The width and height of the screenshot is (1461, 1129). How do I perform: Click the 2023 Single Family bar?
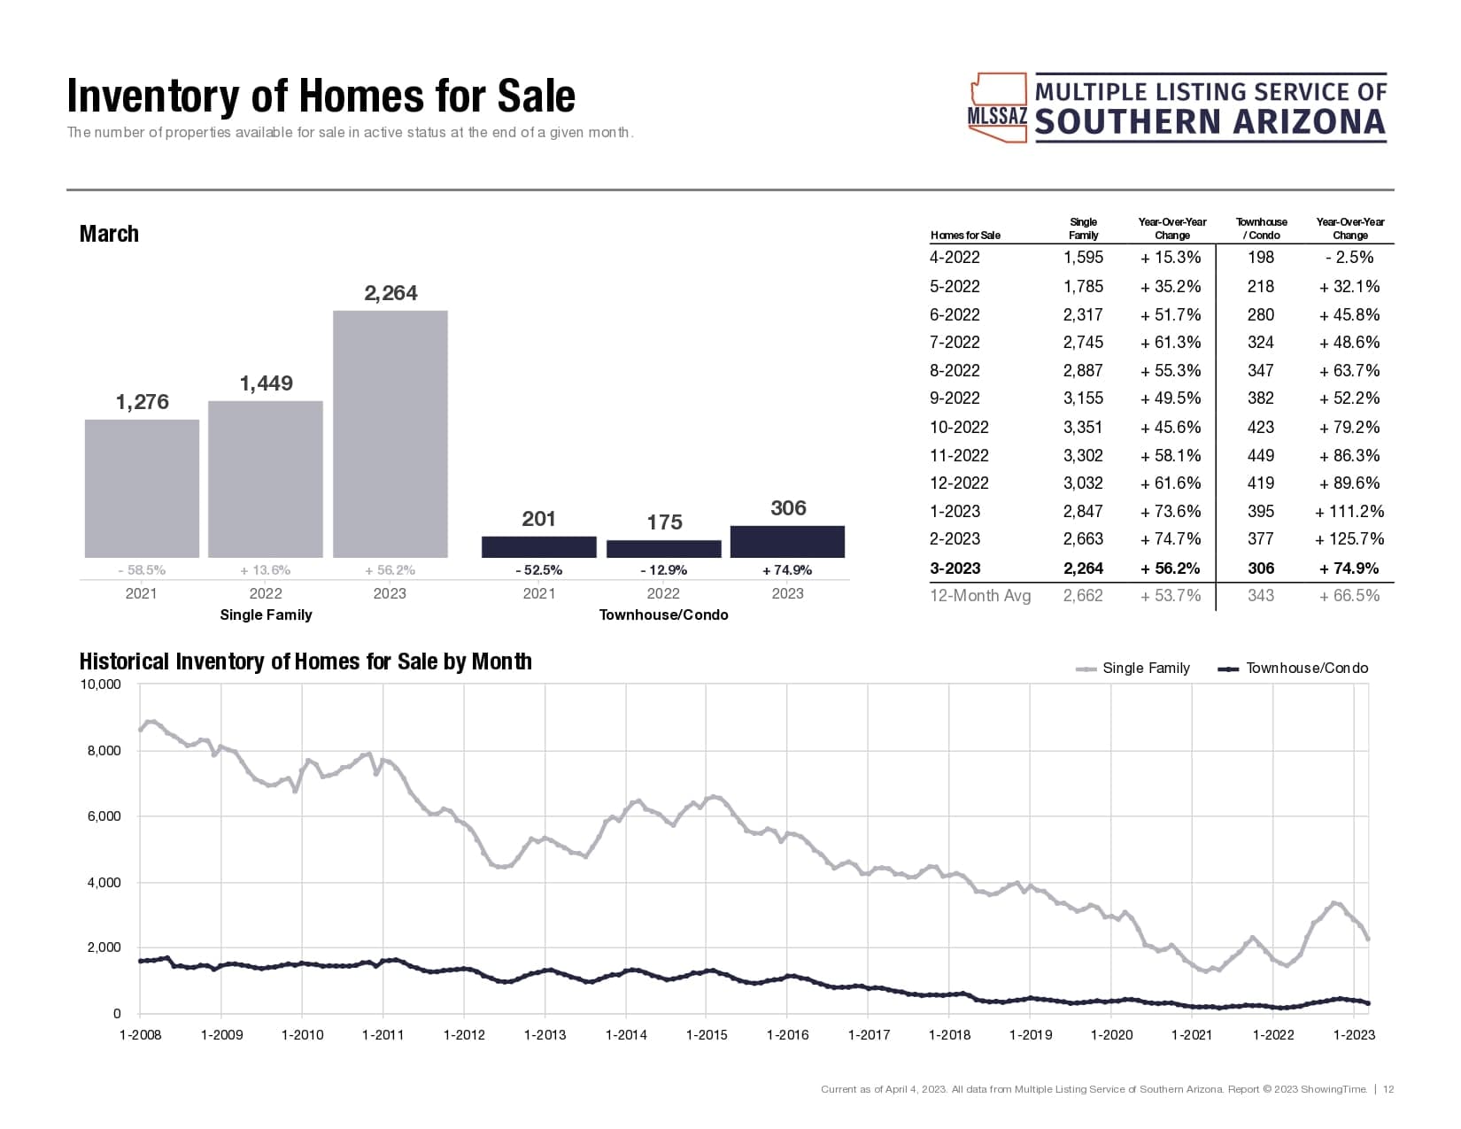(x=390, y=434)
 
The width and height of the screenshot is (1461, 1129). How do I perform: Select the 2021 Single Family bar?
(x=142, y=488)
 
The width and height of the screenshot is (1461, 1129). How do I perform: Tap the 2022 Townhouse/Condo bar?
(x=663, y=549)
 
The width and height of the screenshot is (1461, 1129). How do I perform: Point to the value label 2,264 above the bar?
(x=390, y=293)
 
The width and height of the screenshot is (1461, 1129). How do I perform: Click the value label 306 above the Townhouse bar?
(x=788, y=508)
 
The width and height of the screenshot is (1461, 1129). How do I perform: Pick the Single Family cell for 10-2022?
(x=1083, y=427)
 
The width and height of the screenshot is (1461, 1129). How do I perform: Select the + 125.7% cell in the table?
(x=1349, y=538)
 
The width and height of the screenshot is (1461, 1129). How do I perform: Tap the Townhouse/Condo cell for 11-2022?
(x=1261, y=455)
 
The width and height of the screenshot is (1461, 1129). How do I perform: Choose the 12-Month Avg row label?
(x=980, y=596)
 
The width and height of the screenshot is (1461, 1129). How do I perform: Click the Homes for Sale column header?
(x=965, y=236)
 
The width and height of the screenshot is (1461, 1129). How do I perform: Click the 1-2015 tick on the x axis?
(x=707, y=1034)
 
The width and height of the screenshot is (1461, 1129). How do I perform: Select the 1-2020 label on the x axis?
(x=1111, y=1034)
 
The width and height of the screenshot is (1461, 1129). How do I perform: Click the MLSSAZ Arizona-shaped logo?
(x=998, y=108)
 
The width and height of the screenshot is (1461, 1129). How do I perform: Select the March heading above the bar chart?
(x=109, y=234)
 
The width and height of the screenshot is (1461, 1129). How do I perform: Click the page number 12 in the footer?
(x=1388, y=1089)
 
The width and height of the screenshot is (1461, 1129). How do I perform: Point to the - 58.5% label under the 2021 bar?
(x=142, y=570)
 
